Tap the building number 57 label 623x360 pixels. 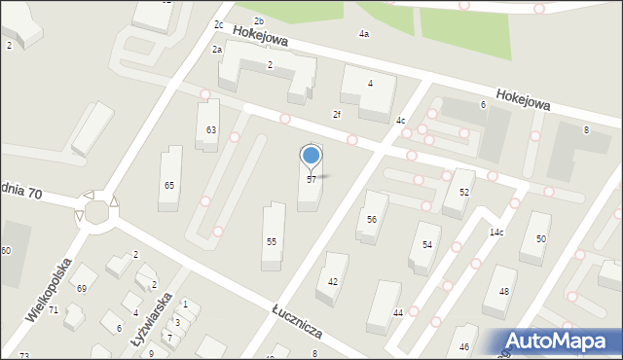[x=311, y=180]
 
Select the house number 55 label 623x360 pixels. [x=272, y=241]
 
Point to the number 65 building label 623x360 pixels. [x=169, y=185]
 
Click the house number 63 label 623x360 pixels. [x=211, y=130]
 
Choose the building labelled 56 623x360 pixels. [x=371, y=220]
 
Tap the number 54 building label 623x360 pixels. [x=426, y=244]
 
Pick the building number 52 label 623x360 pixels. [x=464, y=193]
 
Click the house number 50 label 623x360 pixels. [x=541, y=239]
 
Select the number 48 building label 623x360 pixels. [x=503, y=292]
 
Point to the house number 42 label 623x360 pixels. [x=333, y=281]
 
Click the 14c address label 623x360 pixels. [x=496, y=233]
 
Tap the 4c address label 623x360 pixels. [x=401, y=121]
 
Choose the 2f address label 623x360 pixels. [x=337, y=115]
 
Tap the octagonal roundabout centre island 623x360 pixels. [x=96, y=211]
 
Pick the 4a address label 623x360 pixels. [x=364, y=34]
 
